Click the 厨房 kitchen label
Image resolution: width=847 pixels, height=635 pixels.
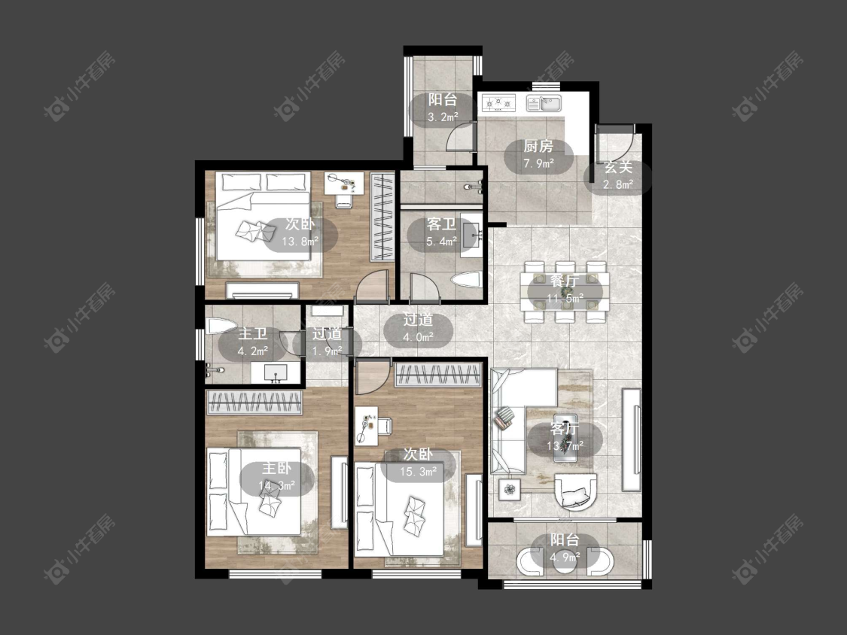click(x=538, y=146)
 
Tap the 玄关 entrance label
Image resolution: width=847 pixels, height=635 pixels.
click(x=618, y=167)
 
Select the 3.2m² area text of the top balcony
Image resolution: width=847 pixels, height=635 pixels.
click(x=443, y=117)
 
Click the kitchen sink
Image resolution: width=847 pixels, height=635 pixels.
click(x=544, y=102)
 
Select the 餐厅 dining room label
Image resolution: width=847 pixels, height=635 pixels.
click(x=565, y=281)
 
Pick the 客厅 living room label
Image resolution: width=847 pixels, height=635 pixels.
click(x=565, y=429)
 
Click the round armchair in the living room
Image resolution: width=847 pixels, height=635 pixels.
click(x=576, y=491)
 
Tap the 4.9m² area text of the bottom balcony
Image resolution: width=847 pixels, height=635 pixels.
click(x=565, y=557)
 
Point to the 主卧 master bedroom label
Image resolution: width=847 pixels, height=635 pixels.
click(x=276, y=468)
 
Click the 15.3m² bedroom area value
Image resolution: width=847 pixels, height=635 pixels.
click(x=418, y=472)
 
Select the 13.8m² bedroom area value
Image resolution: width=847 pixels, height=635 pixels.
click(x=300, y=242)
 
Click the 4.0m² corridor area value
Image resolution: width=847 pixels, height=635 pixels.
click(x=418, y=337)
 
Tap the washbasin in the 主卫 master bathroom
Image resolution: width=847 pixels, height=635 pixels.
click(x=276, y=372)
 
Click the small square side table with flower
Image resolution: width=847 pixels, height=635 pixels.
click(x=510, y=490)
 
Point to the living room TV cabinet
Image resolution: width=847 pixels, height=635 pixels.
click(x=632, y=439)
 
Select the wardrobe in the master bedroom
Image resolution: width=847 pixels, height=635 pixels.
click(x=254, y=403)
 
